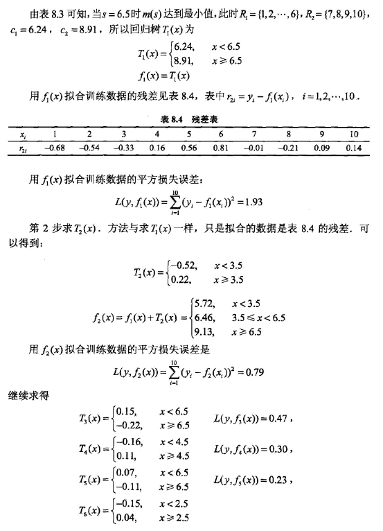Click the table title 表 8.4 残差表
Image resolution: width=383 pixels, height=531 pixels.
[190, 119]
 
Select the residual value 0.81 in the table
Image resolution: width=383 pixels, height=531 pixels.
[221, 148]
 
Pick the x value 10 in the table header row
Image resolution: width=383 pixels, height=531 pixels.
[354, 133]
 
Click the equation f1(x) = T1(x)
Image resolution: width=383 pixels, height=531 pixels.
[165, 75]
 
